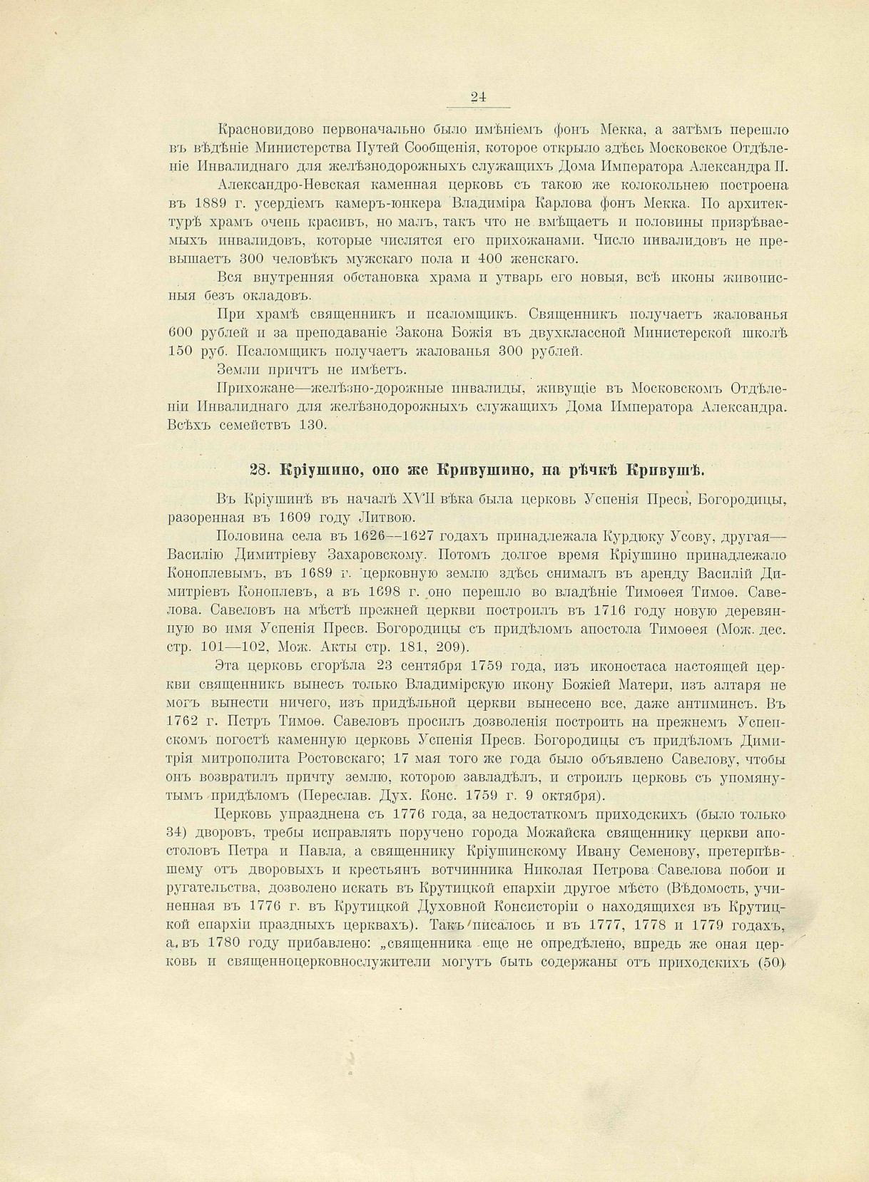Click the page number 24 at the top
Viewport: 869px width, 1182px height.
(478, 98)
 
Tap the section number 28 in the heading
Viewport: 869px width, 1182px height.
(259, 470)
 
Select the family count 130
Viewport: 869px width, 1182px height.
(312, 426)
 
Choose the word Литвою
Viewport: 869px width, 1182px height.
(391, 518)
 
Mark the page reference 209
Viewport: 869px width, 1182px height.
(451, 647)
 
